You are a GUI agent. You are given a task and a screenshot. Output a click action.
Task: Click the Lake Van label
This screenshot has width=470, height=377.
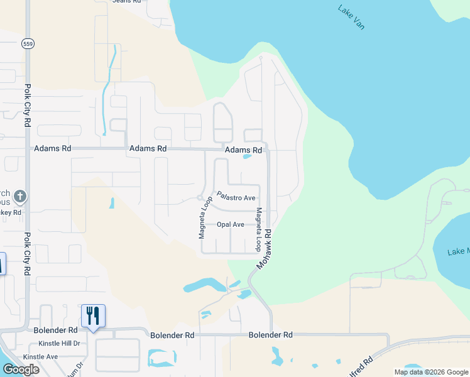(351, 18)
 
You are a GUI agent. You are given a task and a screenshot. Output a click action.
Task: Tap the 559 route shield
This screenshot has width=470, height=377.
(27, 43)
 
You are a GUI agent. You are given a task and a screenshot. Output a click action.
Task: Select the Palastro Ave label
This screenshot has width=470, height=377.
(236, 197)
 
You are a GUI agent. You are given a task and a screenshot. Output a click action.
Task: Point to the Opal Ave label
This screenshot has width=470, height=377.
(231, 224)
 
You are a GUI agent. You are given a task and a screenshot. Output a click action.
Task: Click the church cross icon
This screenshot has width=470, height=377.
(20, 197)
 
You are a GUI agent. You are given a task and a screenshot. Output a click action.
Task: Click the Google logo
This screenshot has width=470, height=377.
(20, 369)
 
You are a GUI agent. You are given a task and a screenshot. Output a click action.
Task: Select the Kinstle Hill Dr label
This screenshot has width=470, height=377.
(59, 343)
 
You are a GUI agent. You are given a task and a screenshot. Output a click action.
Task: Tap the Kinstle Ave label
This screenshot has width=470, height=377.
(40, 356)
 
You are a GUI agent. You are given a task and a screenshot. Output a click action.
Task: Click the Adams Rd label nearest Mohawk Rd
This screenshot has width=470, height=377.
(243, 150)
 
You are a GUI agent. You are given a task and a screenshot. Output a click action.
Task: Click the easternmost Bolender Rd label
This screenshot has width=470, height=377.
(271, 335)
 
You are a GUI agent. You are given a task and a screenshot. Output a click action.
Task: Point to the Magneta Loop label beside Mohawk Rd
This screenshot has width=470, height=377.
(258, 230)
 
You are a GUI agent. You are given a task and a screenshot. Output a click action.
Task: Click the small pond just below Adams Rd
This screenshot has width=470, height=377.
(248, 157)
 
